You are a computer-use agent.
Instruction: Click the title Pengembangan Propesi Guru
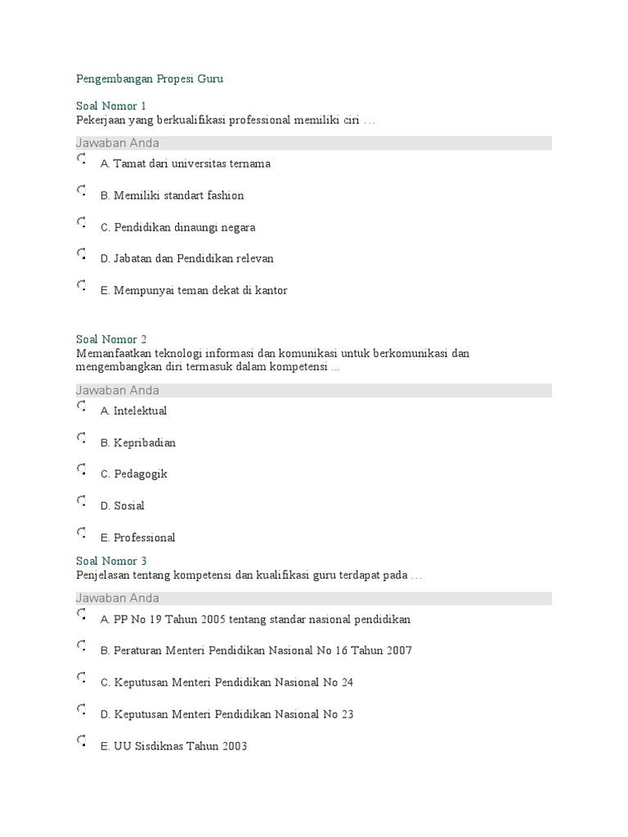coord(149,79)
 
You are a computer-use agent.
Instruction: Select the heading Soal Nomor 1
coord(111,106)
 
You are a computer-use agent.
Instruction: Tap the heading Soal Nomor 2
coord(111,339)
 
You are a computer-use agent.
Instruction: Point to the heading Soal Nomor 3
coord(111,561)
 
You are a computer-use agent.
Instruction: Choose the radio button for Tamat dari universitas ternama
coord(81,159)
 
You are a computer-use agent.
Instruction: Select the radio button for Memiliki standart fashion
coord(81,191)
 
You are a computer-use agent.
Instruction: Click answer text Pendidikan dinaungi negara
coord(184,227)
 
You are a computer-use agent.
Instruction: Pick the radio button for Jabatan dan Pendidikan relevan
coord(81,254)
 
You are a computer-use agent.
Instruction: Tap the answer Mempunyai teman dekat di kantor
coord(200,290)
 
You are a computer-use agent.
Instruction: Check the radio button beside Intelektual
coord(81,406)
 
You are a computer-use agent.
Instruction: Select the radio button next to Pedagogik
coord(81,470)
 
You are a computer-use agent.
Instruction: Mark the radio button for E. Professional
coord(81,533)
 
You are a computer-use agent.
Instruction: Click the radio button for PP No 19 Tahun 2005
coord(81,615)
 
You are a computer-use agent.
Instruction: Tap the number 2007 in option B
coord(398,651)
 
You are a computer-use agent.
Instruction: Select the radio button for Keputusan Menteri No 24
coord(81,678)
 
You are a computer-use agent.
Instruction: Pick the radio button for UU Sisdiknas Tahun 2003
coord(81,741)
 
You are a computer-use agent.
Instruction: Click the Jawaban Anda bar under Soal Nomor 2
coord(313,390)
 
